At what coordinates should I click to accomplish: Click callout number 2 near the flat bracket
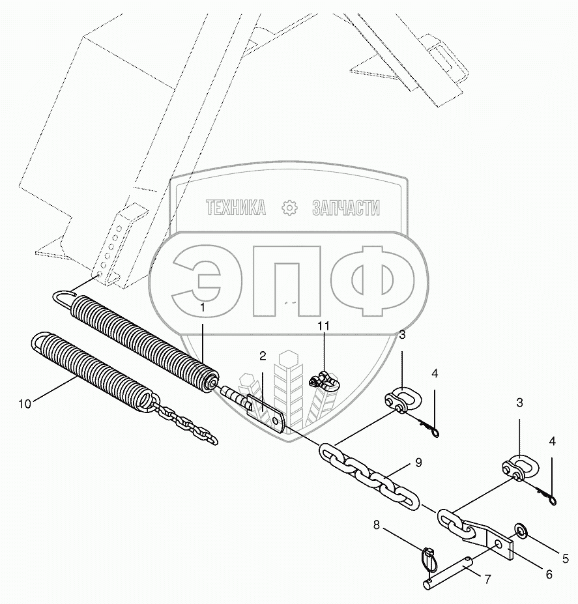[263, 356]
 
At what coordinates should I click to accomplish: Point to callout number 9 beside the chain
[418, 463]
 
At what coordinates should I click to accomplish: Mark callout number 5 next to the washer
[566, 557]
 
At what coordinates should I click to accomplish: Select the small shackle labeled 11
[324, 380]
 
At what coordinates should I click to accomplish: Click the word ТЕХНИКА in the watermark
[236, 208]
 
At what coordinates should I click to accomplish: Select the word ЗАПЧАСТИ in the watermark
[345, 208]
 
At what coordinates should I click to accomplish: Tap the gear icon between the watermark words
[289, 208]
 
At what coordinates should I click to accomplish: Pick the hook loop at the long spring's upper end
[63, 297]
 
